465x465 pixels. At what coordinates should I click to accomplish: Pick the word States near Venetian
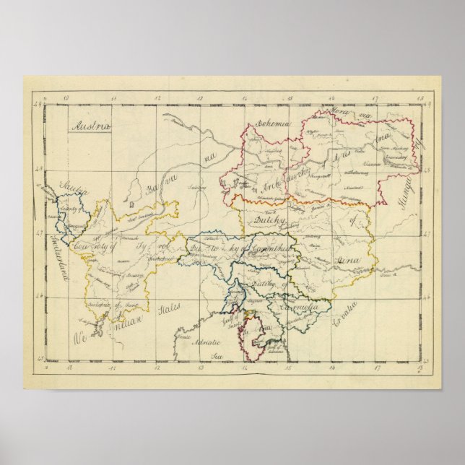click(x=170, y=312)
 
